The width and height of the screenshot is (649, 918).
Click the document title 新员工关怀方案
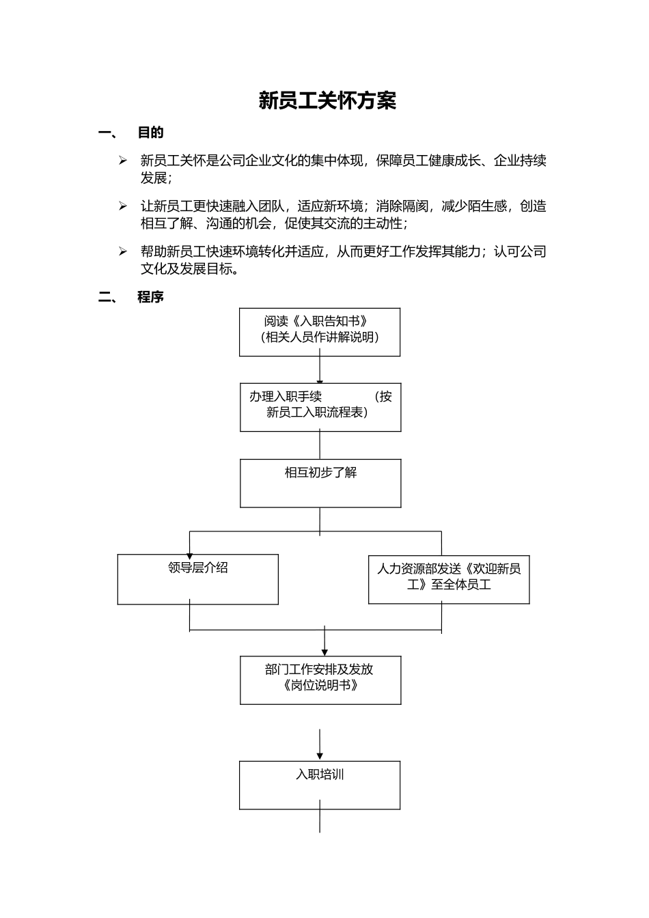[327, 101]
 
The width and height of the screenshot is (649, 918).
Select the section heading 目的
[150, 133]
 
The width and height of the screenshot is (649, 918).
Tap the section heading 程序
[150, 297]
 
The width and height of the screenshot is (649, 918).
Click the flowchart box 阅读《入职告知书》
[319, 332]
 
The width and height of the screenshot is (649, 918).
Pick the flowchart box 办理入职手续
[320, 408]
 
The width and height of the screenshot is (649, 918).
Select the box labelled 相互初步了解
[320, 483]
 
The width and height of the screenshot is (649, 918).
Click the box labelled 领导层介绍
[197, 579]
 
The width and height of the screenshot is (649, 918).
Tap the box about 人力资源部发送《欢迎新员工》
[448, 579]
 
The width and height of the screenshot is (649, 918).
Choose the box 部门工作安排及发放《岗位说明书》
[320, 680]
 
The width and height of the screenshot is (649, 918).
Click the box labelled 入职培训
[319, 785]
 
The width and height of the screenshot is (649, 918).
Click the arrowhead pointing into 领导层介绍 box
[189, 555]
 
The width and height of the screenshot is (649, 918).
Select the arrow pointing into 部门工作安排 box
[324, 650]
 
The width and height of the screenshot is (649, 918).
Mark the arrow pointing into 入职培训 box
[320, 754]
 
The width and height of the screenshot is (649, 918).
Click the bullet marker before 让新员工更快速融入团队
[123, 206]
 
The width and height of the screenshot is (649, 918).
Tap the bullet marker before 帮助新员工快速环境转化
[123, 251]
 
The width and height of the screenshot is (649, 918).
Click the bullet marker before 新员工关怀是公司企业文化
[123, 161]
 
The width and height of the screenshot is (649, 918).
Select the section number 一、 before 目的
[108, 133]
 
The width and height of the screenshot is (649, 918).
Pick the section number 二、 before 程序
[108, 297]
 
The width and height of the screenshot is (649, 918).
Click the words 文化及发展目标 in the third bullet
[184, 269]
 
